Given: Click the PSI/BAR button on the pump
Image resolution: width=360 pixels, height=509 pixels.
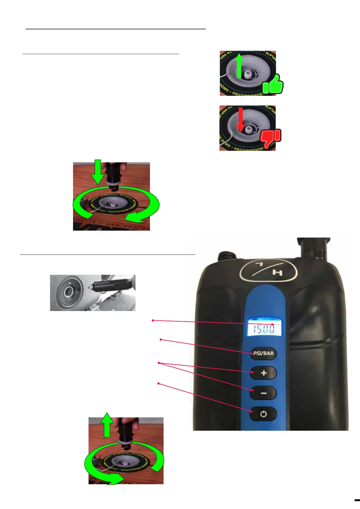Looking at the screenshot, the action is (x=263, y=353).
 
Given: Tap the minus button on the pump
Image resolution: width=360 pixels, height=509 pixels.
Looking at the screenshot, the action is (x=263, y=393).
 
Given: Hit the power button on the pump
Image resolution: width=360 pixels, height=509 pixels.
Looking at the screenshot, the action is (x=263, y=414).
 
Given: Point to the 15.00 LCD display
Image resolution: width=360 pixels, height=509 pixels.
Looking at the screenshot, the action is (x=264, y=328).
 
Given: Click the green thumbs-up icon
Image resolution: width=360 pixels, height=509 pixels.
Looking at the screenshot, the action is (x=273, y=85).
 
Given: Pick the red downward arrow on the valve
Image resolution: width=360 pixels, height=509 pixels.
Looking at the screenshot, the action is (x=241, y=119).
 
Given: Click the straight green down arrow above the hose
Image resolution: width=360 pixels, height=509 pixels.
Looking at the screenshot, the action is (x=98, y=172).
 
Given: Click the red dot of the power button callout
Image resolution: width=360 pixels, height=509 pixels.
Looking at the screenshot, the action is (x=158, y=384).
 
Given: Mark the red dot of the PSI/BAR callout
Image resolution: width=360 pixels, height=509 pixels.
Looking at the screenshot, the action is (x=161, y=340).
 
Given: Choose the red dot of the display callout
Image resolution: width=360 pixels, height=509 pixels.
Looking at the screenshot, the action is (x=153, y=320).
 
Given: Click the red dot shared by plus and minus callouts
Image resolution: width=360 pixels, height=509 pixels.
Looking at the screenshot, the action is (x=159, y=363).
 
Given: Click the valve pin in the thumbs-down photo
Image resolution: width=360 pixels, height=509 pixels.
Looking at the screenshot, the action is (x=249, y=130).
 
